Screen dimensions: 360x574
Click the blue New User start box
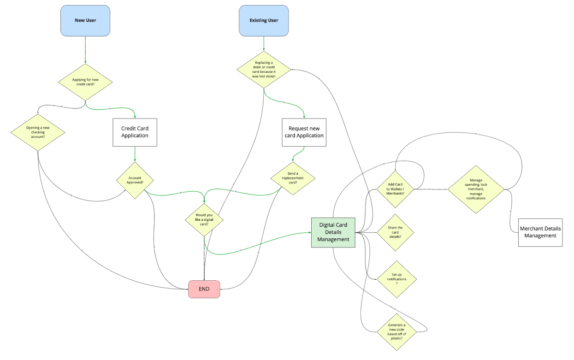(85, 21)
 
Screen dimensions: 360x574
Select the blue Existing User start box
(264, 21)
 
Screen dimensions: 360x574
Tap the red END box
(204, 289)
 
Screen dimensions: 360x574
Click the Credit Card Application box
(135, 132)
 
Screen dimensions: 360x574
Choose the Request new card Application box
(304, 132)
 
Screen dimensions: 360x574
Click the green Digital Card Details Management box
(333, 232)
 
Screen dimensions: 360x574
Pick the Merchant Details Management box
(540, 232)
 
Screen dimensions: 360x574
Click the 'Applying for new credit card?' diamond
(85, 82)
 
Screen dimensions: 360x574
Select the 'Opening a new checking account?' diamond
(38, 132)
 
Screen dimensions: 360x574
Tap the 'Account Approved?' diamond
(135, 180)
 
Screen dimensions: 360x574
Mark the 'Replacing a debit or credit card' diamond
(264, 70)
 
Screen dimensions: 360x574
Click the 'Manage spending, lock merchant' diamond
(476, 189)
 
